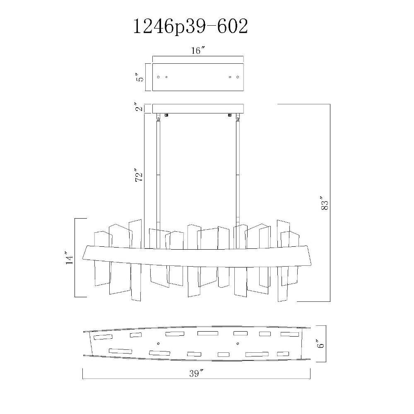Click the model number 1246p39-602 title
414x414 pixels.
tap(190, 27)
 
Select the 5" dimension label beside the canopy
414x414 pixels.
tap(141, 77)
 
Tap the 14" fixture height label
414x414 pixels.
tap(69, 258)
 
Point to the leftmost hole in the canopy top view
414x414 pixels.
tap(159, 77)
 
